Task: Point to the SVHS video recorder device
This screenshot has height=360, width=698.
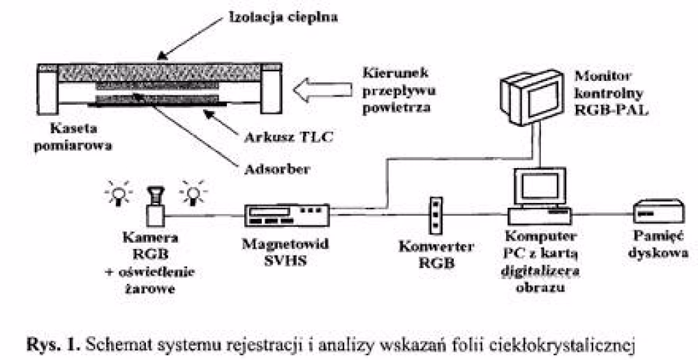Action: pos(286,215)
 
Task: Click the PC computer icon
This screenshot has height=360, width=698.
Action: pos(539,195)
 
